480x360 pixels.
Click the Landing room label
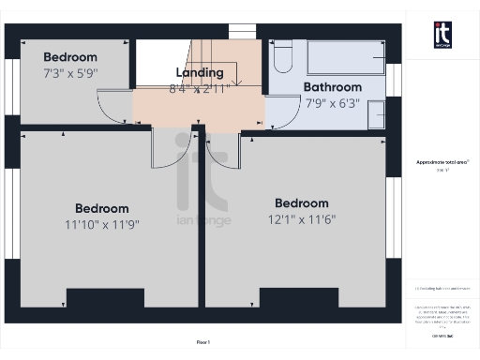pyautogui.click(x=200, y=72)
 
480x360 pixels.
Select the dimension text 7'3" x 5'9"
pyautogui.click(x=70, y=71)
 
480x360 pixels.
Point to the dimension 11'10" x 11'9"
pyautogui.click(x=102, y=225)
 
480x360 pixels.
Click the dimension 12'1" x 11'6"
pyautogui.click(x=301, y=219)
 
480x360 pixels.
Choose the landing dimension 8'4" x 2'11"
pyautogui.click(x=200, y=88)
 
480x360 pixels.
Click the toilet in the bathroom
pyautogui.click(x=282, y=58)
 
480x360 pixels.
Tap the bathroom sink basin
pyautogui.click(x=375, y=113)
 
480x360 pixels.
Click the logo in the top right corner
pyautogui.click(x=442, y=34)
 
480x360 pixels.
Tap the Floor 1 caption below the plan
pyautogui.click(x=202, y=341)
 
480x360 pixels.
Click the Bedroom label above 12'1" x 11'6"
pyautogui.click(x=301, y=202)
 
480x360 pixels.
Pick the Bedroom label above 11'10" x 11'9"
pyautogui.click(x=102, y=208)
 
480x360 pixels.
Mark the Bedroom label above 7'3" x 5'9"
pyautogui.click(x=70, y=57)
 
